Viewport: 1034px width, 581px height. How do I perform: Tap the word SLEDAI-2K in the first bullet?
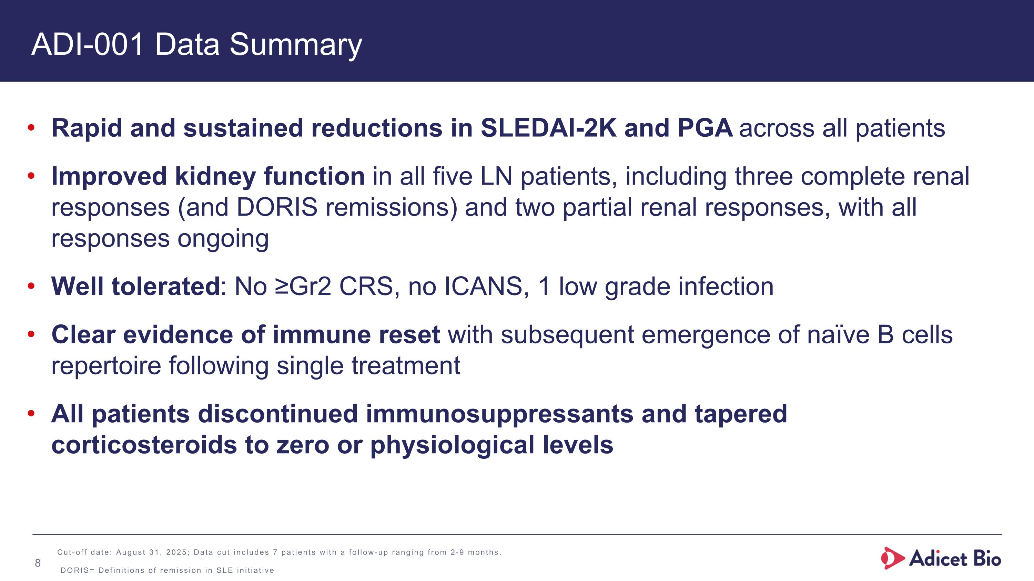click(548, 128)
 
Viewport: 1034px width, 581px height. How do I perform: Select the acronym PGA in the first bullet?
click(705, 128)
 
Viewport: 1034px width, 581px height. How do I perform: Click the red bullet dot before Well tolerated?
click(31, 286)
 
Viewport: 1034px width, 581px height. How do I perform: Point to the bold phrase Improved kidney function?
click(208, 176)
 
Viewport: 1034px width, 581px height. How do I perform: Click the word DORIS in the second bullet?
click(277, 207)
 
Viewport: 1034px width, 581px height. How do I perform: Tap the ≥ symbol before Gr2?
click(282, 286)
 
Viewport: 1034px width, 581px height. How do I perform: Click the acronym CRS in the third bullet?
click(366, 286)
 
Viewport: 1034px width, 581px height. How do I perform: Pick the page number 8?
click(38, 563)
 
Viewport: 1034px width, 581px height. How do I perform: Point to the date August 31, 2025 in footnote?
click(151, 552)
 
